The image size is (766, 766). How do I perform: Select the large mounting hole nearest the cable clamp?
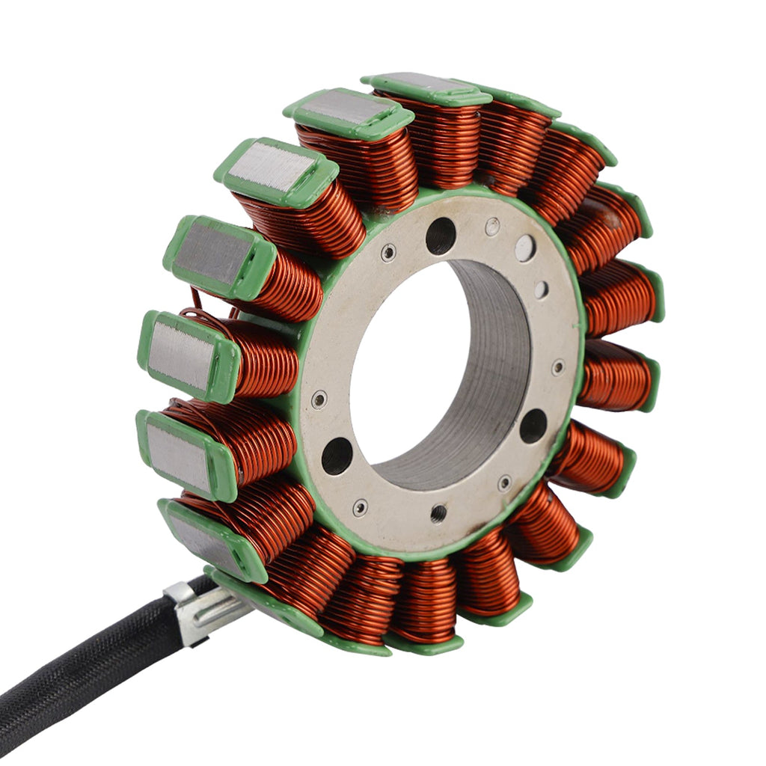(337, 455)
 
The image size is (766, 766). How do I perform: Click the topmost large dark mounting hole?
(441, 236)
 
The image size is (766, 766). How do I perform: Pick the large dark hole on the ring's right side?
(533, 426)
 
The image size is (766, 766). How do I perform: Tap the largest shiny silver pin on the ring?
(525, 248)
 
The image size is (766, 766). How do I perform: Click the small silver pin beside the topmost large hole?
(492, 226)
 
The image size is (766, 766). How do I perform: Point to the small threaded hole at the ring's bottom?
(438, 513)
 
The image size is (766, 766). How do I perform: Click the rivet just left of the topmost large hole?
(388, 252)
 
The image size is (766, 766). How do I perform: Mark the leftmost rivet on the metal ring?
(319, 399)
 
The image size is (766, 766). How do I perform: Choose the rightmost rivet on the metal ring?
(558, 367)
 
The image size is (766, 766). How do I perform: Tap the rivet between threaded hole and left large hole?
(361, 507)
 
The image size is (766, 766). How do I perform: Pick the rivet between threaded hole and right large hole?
(505, 483)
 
